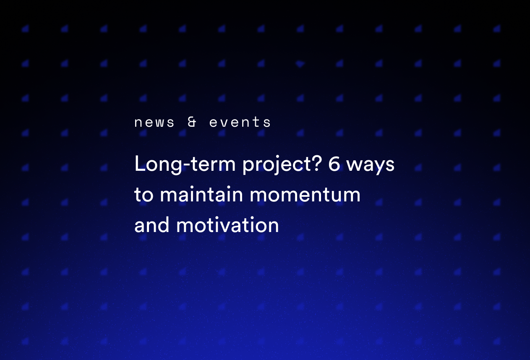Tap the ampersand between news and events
[x=192, y=123]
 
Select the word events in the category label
[x=240, y=123]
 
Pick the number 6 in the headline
[x=334, y=164]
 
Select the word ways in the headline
[x=371, y=165]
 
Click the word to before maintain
[x=144, y=195]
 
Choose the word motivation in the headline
[x=227, y=225]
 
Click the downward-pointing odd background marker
[x=300, y=64]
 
